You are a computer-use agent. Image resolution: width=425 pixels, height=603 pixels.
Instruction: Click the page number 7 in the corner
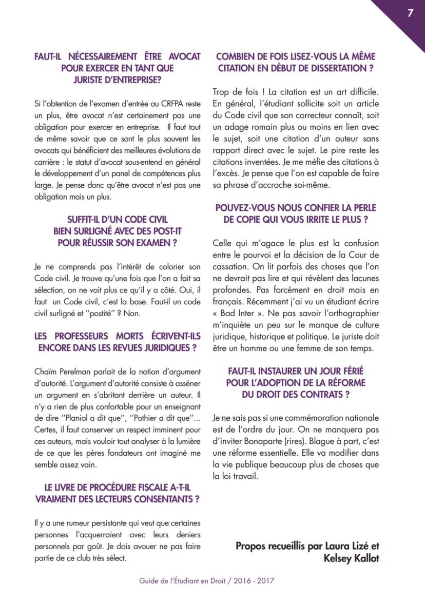(x=410, y=13)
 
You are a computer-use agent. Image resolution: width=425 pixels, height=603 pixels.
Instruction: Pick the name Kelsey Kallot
(x=351, y=558)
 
